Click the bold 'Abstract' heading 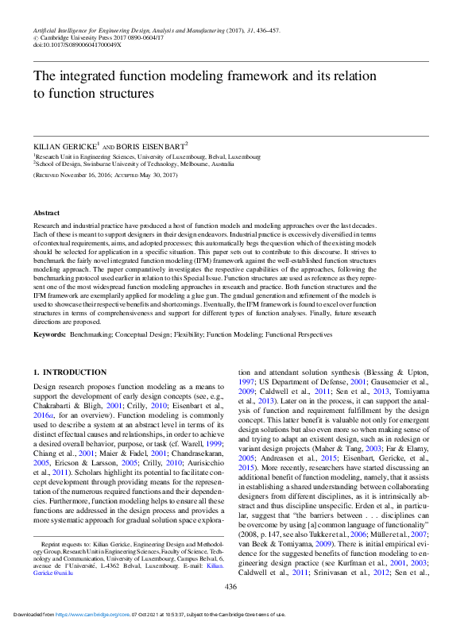click(46, 214)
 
